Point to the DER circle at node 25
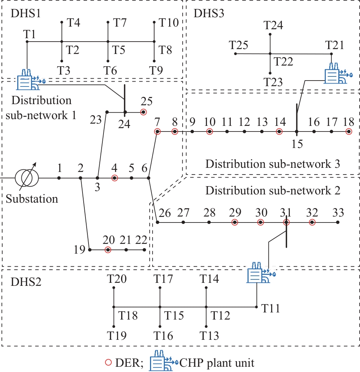point(143,112)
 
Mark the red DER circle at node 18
point(349,131)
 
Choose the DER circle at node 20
point(108,249)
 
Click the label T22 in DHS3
point(283,62)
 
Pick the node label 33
point(338,213)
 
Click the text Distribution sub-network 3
point(273,164)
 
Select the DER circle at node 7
point(157,131)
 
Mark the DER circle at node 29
point(234,222)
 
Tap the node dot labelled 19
point(90,249)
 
